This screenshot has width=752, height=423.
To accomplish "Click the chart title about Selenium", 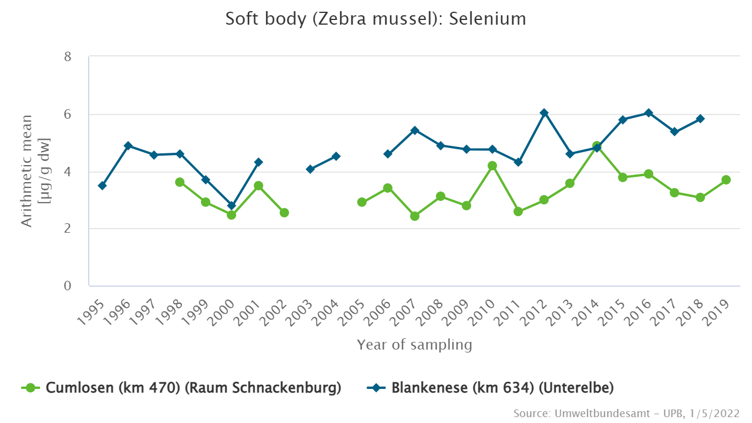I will [x=376, y=19].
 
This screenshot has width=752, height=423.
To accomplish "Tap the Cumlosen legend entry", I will [x=182, y=388].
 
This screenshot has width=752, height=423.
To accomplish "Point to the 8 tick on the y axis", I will [x=68, y=57].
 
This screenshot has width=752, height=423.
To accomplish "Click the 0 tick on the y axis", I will [x=68, y=286].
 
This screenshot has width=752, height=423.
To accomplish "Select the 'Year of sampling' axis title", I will [x=414, y=345].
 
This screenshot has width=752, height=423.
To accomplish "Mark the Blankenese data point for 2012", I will [x=544, y=113].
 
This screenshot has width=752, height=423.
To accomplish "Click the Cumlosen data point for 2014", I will [x=596, y=146].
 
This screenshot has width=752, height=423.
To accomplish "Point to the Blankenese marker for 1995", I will [x=102, y=186].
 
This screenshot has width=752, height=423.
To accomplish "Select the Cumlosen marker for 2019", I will [x=726, y=180].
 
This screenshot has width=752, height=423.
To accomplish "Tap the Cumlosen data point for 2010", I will [x=492, y=166].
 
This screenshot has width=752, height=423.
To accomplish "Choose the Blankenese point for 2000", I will [x=231, y=206].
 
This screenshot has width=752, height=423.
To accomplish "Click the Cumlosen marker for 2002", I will [x=284, y=213].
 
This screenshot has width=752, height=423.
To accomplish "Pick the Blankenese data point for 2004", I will [x=336, y=156].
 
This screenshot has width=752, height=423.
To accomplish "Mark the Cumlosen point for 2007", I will [x=415, y=216].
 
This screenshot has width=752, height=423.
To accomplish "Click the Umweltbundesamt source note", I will [x=626, y=413].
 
